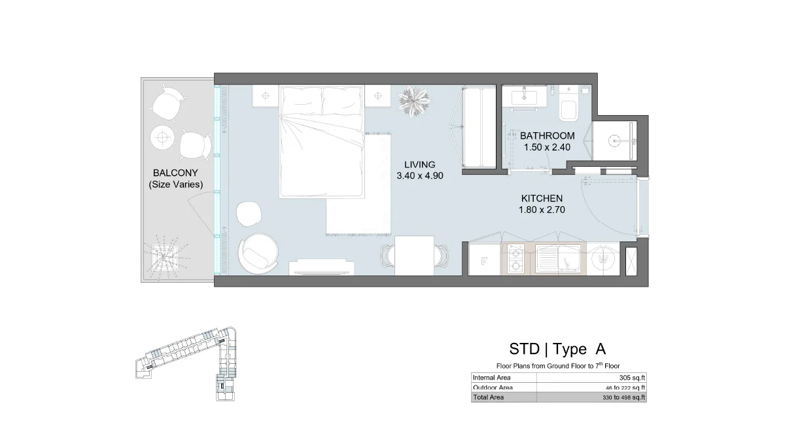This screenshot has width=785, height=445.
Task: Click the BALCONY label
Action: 175,173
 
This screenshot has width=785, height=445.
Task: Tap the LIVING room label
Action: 419,164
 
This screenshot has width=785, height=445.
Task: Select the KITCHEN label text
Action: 542,198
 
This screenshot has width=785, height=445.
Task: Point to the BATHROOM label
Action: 547,136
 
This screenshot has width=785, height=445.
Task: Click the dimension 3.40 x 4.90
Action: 419,176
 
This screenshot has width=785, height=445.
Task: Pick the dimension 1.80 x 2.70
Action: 542,210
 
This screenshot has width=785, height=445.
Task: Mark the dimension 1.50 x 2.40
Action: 547,148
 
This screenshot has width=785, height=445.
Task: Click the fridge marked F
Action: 485,260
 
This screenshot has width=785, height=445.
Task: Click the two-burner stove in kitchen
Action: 517,259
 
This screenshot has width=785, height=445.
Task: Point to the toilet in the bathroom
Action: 569,107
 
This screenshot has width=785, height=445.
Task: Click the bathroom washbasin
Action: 527,96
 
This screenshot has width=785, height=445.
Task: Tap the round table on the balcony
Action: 162,136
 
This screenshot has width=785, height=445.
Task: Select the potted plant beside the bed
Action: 414,100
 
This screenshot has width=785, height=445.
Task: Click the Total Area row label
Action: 489,397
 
